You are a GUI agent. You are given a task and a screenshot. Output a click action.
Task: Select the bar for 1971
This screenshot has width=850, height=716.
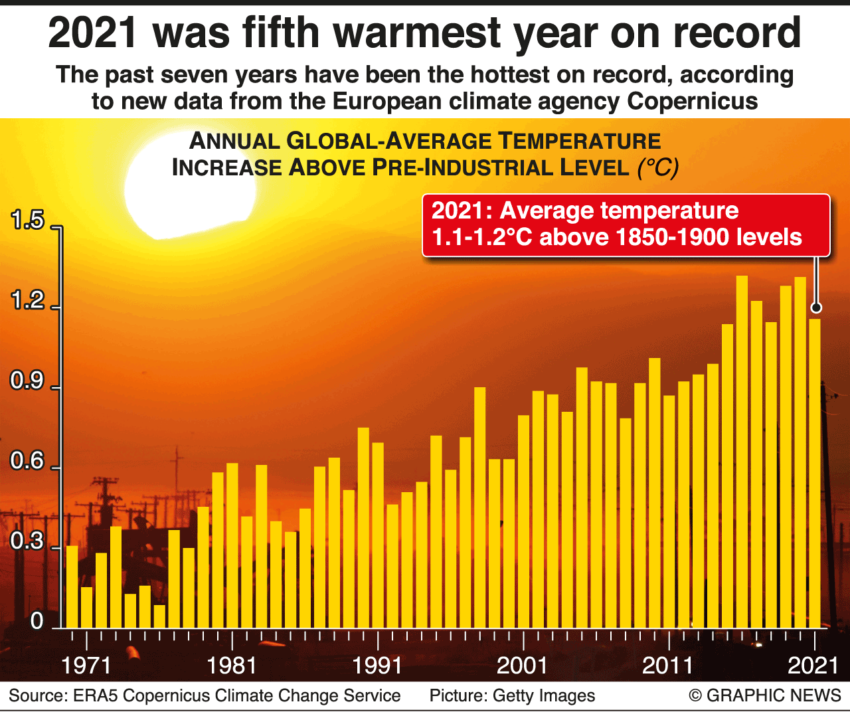tap(87, 607)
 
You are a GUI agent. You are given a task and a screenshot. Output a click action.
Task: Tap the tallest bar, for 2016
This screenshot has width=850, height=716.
tap(742, 452)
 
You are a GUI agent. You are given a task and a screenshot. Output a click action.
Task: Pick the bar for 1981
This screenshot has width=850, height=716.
tap(232, 545)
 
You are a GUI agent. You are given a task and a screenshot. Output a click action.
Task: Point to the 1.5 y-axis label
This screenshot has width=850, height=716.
tap(27, 221)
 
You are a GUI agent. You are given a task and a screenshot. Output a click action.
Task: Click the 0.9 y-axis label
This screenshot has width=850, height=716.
tap(27, 381)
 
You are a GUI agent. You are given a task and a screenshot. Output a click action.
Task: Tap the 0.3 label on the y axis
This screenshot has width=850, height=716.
tap(27, 541)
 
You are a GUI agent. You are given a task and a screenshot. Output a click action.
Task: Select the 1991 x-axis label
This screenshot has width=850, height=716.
tap(377, 666)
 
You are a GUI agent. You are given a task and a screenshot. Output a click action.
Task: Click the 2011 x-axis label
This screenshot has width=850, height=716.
tap(667, 666)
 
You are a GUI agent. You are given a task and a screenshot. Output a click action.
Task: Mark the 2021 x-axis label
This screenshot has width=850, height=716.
tap(813, 666)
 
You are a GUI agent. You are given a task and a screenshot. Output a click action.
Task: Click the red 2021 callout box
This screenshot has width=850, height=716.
tap(626, 224)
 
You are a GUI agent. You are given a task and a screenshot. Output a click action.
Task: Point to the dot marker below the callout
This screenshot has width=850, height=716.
tap(816, 308)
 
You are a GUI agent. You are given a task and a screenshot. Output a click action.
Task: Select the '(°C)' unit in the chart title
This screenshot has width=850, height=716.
tap(658, 167)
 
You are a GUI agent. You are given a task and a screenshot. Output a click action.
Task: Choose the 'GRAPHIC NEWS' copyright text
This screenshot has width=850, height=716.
tap(774, 695)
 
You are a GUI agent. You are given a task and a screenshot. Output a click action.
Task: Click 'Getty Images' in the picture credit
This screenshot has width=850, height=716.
tap(544, 695)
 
